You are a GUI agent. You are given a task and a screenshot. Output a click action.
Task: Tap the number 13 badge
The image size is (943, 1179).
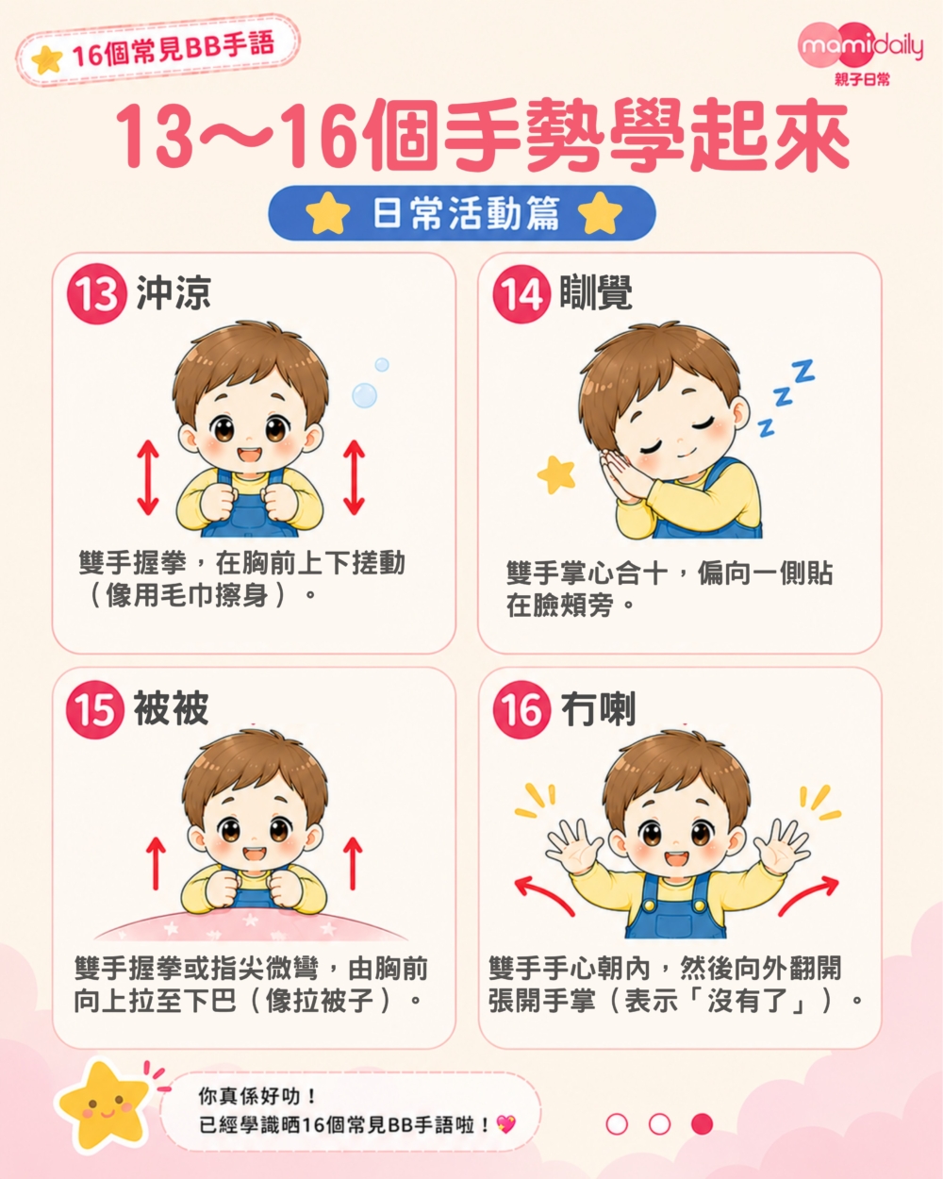pos(96,294)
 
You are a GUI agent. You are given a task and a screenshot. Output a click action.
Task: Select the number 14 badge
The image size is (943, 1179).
pos(521,294)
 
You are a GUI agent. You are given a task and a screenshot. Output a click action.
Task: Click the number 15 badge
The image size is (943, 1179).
pos(95,709)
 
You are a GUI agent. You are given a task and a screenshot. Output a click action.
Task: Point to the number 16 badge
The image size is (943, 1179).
pos(521,709)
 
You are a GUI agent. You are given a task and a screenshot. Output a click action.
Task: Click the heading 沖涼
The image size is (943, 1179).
pos(174,293)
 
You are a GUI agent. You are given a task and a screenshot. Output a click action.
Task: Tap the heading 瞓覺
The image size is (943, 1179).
pos(596,292)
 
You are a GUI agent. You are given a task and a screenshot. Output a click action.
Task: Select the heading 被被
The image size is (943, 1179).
pos(171,707)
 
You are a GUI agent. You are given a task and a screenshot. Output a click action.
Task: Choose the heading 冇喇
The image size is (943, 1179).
pos(598,709)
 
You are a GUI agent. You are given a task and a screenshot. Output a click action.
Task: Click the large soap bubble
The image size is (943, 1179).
pos(364,395)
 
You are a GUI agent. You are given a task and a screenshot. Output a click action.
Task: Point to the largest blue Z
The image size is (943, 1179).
pos(802,371)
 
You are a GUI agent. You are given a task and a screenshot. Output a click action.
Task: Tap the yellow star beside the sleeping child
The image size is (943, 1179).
pos(556,474)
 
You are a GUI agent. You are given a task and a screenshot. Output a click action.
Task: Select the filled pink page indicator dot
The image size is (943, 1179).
pos(702,1124)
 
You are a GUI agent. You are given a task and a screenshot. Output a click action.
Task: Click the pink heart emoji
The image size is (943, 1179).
pos(505,1124)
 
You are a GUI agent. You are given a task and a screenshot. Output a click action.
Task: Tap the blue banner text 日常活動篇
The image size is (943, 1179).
pos(465,213)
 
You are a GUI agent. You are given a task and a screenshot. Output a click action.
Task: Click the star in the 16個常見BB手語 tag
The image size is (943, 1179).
pos(47,59)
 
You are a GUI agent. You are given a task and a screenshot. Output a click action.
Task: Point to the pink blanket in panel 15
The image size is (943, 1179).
pos(251,926)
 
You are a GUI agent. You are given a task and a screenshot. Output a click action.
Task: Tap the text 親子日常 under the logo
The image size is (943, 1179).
pos(862,79)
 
